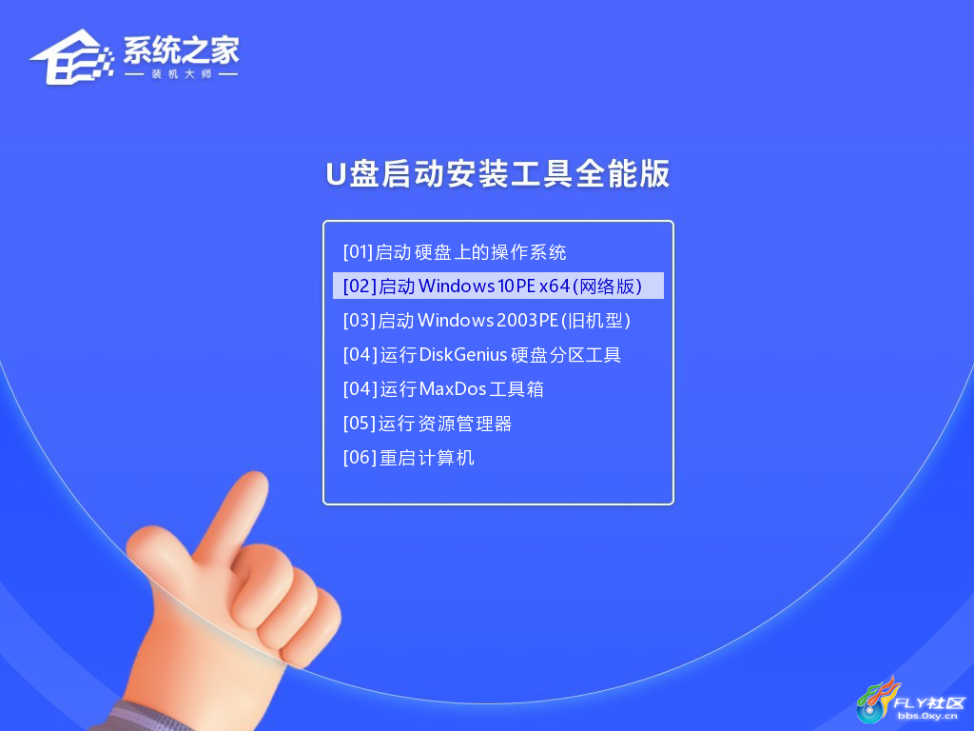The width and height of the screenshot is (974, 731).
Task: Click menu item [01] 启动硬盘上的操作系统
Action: coord(454,251)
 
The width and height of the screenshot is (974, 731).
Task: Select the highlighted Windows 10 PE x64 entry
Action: coord(492,286)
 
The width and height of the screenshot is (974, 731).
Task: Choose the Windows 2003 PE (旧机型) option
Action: coord(486,320)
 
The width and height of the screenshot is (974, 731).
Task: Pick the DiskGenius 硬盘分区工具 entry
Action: coord(481,354)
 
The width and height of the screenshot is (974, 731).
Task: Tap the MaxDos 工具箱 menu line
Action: coord(443,389)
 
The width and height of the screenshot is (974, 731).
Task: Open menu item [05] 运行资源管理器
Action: coord(427,424)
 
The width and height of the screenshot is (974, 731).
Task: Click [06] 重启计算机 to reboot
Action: coord(409,458)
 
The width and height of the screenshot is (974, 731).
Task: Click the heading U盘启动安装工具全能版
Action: coord(497,173)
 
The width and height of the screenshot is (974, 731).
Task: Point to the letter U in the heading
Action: coord(336,174)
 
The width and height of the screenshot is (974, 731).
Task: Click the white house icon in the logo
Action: coord(71,57)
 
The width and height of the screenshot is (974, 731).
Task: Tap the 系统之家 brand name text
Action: coord(181,49)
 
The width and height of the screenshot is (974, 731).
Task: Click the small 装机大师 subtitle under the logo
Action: coord(182,74)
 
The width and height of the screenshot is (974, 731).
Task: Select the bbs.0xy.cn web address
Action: coord(927,716)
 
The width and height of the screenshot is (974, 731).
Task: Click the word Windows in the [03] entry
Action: coord(456,320)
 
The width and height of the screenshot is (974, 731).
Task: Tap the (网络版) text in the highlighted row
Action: coord(607,286)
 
